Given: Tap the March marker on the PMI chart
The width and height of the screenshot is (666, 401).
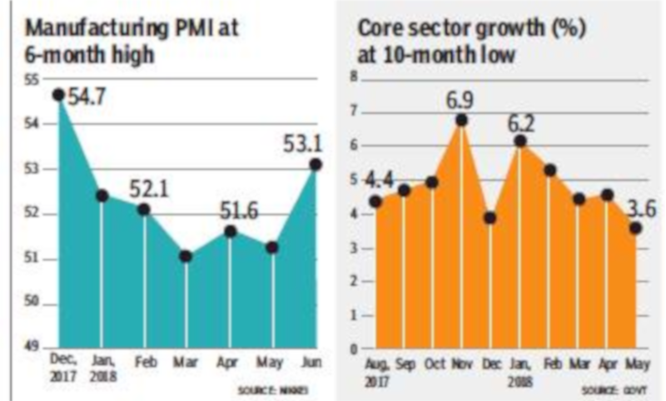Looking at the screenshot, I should tap(186, 256).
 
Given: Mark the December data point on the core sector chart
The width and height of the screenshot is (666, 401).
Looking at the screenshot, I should tap(490, 218).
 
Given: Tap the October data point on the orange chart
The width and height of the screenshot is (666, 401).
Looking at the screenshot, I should tap(431, 182).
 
